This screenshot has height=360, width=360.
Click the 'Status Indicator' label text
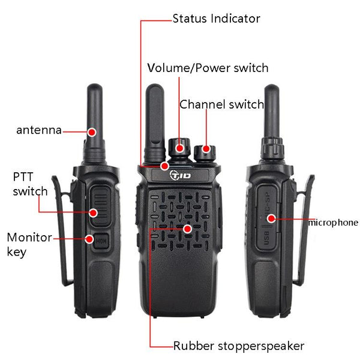[216, 19]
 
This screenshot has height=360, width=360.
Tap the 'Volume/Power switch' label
[208, 68]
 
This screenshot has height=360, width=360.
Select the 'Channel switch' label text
[222, 104]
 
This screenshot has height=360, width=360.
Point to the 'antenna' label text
[39, 130]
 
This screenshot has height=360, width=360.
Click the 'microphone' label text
[333, 223]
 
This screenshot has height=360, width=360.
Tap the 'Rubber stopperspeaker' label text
[239, 346]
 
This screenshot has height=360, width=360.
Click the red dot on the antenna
[92, 132]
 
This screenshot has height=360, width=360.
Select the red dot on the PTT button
[93, 213]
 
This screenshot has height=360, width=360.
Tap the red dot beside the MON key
[89, 239]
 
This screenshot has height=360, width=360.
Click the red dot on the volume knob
[180, 148]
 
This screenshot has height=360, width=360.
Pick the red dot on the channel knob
[206, 149]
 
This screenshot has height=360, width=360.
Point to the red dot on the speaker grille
[188, 229]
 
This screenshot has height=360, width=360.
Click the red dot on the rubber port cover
[271, 218]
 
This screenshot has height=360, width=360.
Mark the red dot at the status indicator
[164, 166]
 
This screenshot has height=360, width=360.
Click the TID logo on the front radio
[180, 175]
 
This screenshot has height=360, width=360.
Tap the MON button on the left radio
[101, 241]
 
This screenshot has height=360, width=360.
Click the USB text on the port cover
[266, 238]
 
